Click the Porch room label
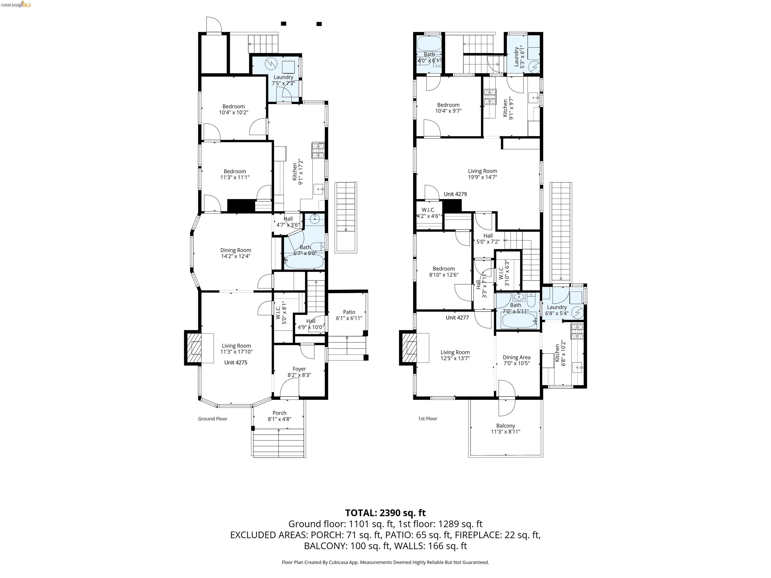[x=280, y=413]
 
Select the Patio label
[x=349, y=312]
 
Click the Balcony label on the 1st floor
[x=505, y=426]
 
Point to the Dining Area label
[x=517, y=357]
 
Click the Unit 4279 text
[x=455, y=194]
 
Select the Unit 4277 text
[x=457, y=317]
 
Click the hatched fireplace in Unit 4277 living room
[x=409, y=348]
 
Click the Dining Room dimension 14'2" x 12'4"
[x=236, y=256]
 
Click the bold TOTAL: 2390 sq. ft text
[x=385, y=513]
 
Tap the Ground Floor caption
[x=213, y=419]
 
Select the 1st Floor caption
[x=428, y=419]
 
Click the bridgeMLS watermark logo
[x=16, y=5]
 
